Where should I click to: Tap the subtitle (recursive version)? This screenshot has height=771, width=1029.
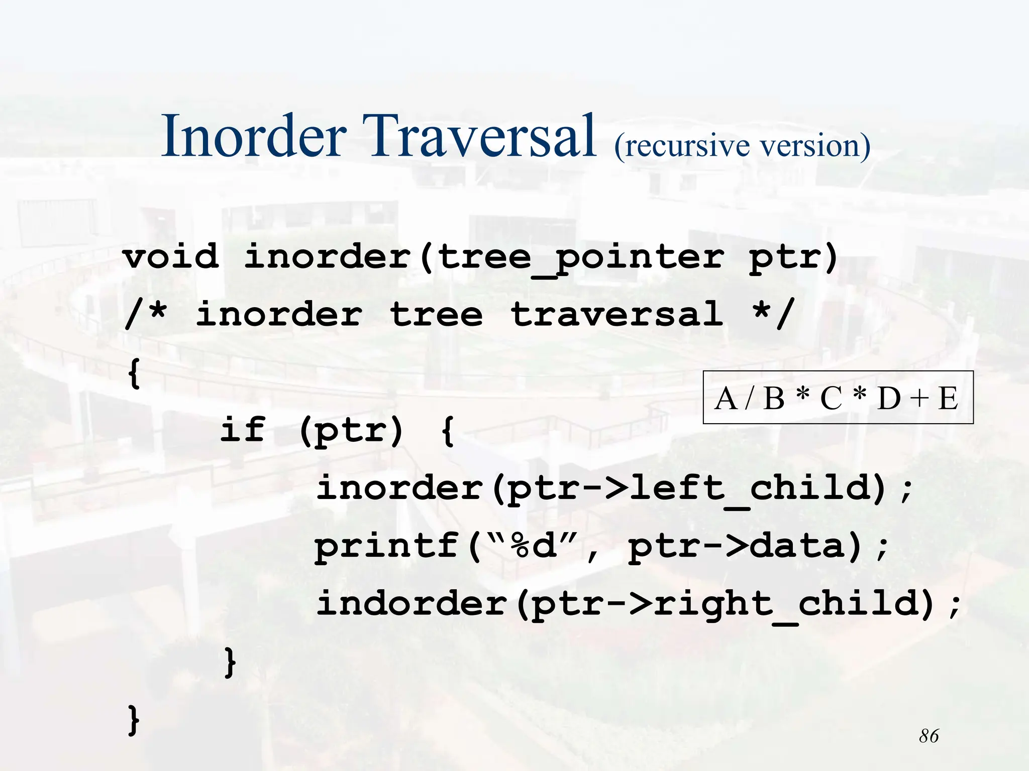click(742, 146)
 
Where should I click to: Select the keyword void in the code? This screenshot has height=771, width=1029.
click(171, 256)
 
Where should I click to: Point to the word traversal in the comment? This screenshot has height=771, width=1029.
click(616, 315)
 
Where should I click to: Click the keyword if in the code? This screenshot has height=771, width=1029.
click(243, 430)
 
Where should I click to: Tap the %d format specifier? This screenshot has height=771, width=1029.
click(534, 546)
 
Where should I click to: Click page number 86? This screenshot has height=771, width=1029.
click(929, 736)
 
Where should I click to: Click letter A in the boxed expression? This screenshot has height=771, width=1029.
click(726, 399)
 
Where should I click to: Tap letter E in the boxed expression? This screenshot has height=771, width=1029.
click(948, 399)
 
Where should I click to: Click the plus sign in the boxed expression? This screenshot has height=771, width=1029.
click(919, 399)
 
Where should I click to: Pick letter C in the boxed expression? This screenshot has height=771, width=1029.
click(831, 399)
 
